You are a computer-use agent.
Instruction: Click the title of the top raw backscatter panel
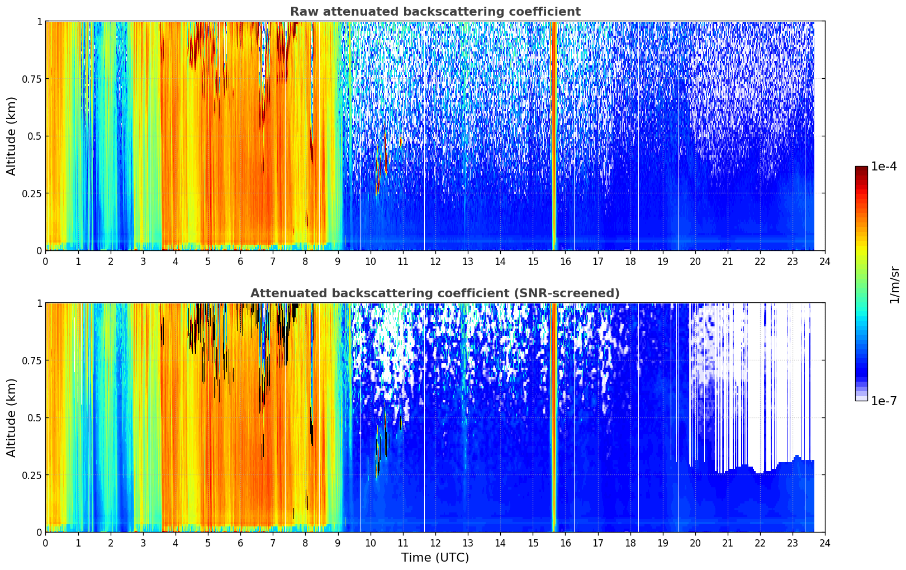pyautogui.click(x=435, y=11)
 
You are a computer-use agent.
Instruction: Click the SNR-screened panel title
pyautogui.click(x=435, y=293)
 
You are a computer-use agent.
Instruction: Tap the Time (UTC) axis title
pyautogui.click(x=435, y=558)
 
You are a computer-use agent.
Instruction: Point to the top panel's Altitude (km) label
pyautogui.click(x=11, y=136)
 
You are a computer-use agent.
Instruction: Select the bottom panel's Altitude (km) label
pyautogui.click(x=11, y=417)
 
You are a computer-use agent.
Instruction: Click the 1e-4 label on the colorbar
pyautogui.click(x=884, y=166)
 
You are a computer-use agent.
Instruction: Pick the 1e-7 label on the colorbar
pyautogui.click(x=884, y=401)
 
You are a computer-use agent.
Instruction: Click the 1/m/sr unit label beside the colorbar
pyautogui.click(x=894, y=284)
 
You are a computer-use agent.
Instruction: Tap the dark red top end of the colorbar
pyautogui.click(x=861, y=168)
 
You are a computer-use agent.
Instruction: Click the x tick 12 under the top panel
pyautogui.click(x=435, y=261)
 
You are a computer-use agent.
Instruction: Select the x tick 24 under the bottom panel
pyautogui.click(x=825, y=543)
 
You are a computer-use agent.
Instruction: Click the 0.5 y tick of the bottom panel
pyautogui.click(x=34, y=418)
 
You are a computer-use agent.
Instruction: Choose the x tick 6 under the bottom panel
pyautogui.click(x=240, y=543)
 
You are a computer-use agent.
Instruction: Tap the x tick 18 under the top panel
pyautogui.click(x=630, y=261)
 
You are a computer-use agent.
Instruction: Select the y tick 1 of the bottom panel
pyautogui.click(x=40, y=303)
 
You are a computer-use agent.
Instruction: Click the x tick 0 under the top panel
pyautogui.click(x=45, y=261)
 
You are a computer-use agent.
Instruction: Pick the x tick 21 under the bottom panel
pyautogui.click(x=728, y=543)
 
